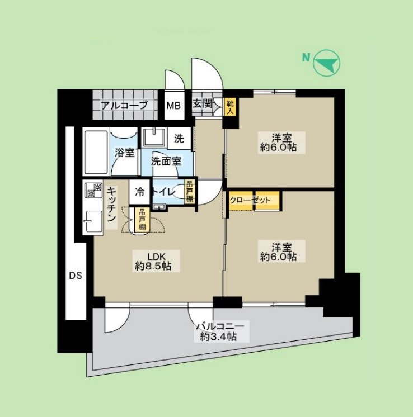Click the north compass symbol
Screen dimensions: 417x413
326,63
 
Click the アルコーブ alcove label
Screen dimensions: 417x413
124,105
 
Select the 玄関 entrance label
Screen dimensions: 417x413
202,104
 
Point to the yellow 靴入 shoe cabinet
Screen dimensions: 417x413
230,106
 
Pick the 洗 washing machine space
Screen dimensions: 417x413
179,138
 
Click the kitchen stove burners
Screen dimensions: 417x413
93,190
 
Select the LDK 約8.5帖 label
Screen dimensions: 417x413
153,262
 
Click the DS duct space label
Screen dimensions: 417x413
76,275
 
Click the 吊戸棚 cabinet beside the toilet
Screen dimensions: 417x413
190,192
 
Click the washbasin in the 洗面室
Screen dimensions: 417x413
151,137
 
